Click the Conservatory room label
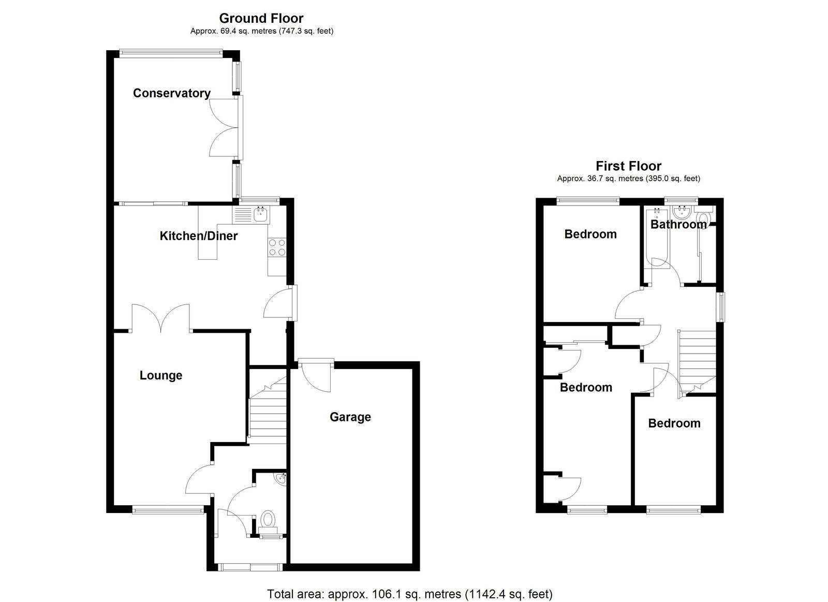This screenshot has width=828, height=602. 171,93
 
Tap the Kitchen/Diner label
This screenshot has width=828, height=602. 199,236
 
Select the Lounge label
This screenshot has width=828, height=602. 161,376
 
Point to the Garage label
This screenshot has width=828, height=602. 350,417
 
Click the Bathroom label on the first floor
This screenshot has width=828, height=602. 678,225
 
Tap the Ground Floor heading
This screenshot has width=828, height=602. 261,18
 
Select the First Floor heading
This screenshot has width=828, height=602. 628,166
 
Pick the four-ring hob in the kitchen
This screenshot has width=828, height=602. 277,247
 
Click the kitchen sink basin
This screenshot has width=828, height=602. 261,214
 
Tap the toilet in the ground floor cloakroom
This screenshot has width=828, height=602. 268,519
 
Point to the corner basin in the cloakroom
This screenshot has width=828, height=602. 282,478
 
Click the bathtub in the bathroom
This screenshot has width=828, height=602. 657,238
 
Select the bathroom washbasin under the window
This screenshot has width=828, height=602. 682,213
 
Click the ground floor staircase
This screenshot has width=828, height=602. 268,410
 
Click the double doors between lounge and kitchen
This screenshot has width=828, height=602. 161,317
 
